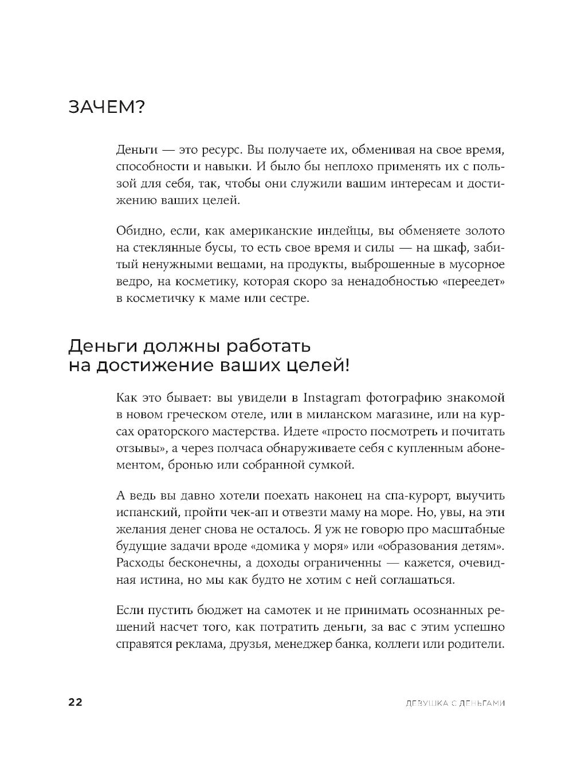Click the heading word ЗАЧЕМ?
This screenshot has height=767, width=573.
pyautogui.click(x=107, y=107)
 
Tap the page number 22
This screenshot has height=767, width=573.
pyautogui.click(x=76, y=702)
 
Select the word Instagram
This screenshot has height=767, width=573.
pyautogui.click(x=332, y=398)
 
